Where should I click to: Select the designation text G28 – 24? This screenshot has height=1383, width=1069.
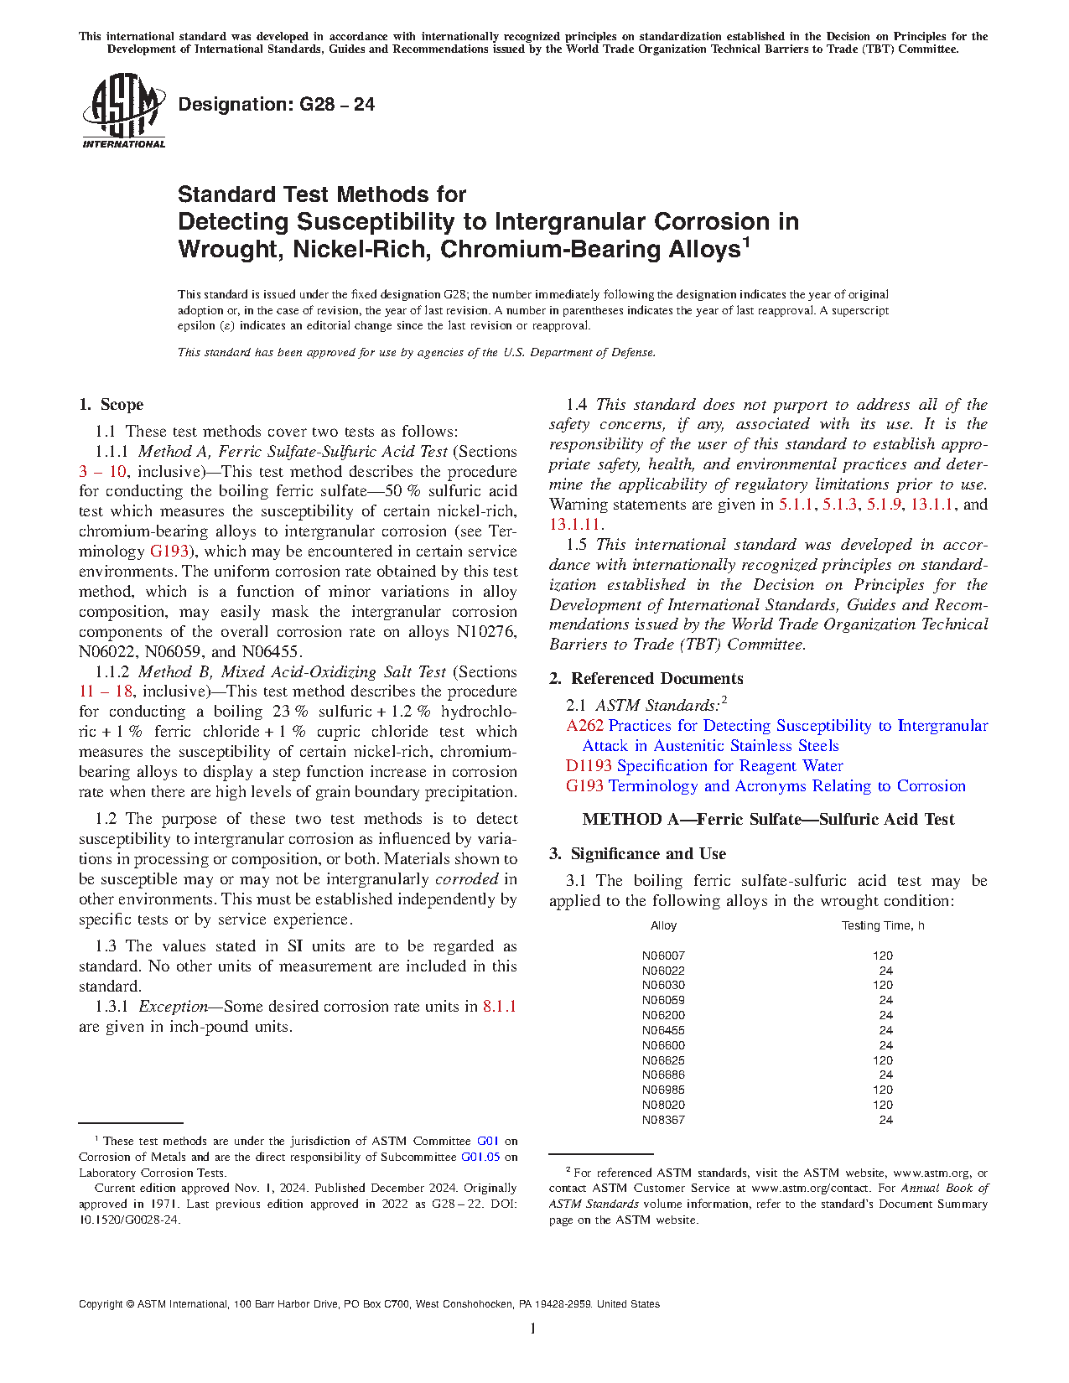click(276, 105)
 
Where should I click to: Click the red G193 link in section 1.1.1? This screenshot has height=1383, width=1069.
click(169, 552)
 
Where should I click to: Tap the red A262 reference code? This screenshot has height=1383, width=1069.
click(584, 726)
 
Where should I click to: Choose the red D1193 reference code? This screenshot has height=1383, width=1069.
click(589, 766)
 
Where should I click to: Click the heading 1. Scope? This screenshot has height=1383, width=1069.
click(112, 405)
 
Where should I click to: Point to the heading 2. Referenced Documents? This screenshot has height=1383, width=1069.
click(646, 679)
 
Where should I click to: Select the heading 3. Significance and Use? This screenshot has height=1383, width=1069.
click(638, 854)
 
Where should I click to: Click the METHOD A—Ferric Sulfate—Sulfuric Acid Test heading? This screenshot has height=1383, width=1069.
click(768, 820)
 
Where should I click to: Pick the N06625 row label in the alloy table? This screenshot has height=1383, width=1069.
click(663, 1060)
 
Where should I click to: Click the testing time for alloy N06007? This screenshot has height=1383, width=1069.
click(882, 956)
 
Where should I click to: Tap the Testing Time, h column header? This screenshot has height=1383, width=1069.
click(883, 926)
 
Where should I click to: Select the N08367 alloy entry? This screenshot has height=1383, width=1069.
click(663, 1120)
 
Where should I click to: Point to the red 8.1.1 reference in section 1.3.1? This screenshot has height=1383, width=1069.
click(500, 1007)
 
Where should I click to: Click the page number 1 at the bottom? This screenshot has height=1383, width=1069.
click(533, 1329)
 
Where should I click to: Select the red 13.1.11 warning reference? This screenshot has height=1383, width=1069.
click(574, 525)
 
